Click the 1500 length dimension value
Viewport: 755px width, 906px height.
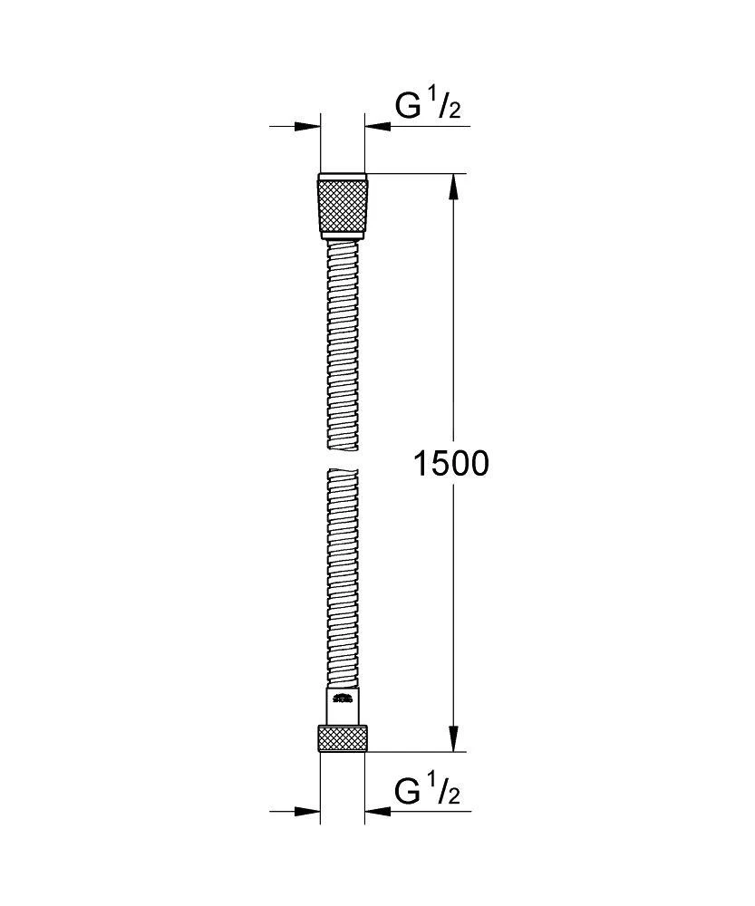(x=450, y=464)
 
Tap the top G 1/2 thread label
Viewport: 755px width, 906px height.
(x=429, y=107)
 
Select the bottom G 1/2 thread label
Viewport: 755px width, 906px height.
(x=429, y=792)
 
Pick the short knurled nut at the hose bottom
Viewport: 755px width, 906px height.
(x=343, y=738)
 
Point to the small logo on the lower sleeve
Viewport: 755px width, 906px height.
(x=343, y=698)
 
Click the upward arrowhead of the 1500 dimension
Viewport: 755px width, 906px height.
(x=454, y=187)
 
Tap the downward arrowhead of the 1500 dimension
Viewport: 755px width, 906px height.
(x=454, y=738)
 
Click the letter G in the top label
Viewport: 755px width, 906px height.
(x=408, y=107)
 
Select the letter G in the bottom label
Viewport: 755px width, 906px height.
(x=408, y=792)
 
